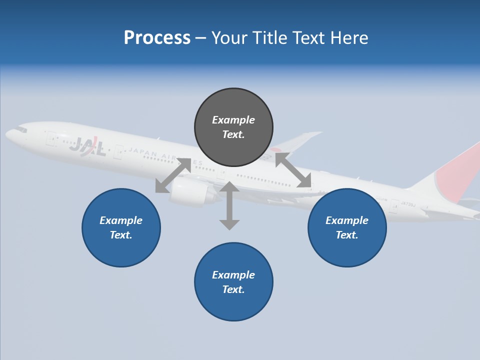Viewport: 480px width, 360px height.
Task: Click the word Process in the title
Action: pyautogui.click(x=157, y=38)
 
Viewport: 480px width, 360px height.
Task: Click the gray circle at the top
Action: pyautogui.click(x=233, y=127)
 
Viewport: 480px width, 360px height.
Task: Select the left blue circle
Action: pyautogui.click(x=121, y=227)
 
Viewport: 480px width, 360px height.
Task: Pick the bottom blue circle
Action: pyautogui.click(x=233, y=282)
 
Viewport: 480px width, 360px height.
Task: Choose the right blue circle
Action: pyautogui.click(x=347, y=227)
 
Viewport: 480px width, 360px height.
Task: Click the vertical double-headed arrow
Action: pyautogui.click(x=229, y=205)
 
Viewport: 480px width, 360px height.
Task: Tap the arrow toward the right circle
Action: pyautogui.click(x=293, y=170)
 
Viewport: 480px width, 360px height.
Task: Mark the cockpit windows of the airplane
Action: pyautogui.click(x=20, y=129)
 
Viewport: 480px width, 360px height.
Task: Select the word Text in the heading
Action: pyautogui.click(x=305, y=38)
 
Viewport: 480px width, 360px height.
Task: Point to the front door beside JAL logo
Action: pyautogui.click(x=51, y=138)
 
